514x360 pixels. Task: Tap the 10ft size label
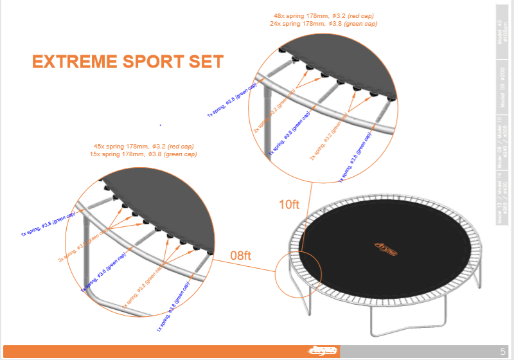click(x=289, y=205)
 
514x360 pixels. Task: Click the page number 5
click(x=502, y=351)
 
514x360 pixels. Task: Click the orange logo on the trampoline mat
click(x=385, y=246)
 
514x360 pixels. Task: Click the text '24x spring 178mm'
click(x=296, y=24)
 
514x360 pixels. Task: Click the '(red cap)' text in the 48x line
click(x=359, y=15)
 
